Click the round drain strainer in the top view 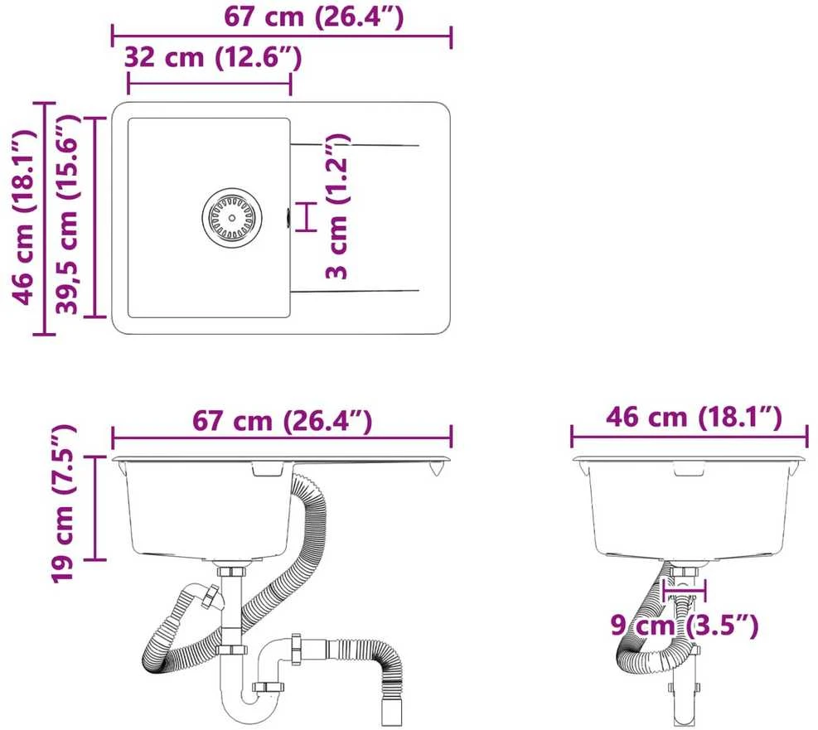[x=232, y=215]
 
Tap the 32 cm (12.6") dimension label [x=213, y=57]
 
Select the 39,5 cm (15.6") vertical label [x=68, y=214]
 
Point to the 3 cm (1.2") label [x=336, y=206]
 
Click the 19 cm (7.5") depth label [x=63, y=503]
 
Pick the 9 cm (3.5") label [x=685, y=625]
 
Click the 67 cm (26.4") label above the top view [x=313, y=17]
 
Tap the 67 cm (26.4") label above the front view [x=283, y=420]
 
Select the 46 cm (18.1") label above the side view [x=694, y=418]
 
